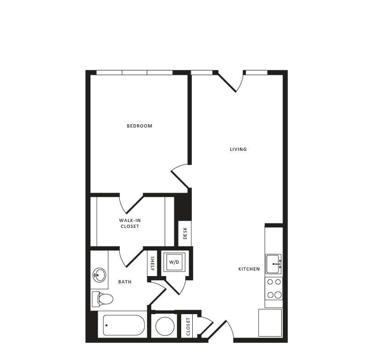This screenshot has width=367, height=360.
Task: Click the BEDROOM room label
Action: point(139,126)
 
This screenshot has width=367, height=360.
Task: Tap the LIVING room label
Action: point(238,149)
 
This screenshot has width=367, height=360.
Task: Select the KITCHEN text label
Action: point(249,269)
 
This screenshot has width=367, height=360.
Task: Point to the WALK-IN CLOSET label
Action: point(129,223)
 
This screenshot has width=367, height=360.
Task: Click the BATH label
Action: point(125,282)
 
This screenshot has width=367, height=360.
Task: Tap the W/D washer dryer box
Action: point(174,262)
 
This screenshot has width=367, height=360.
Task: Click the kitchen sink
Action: point(274,264)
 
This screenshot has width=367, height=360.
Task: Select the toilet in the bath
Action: point(103,299)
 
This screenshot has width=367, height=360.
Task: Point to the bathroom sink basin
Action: point(99,275)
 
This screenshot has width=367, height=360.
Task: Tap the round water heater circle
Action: point(165,326)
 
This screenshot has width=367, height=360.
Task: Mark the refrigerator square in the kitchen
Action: point(270,322)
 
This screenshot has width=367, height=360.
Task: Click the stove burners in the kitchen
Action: point(274,288)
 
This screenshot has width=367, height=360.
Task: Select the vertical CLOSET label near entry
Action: point(188,326)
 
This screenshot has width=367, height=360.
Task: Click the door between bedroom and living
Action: point(180,177)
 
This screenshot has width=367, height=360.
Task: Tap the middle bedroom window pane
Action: point(134,72)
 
